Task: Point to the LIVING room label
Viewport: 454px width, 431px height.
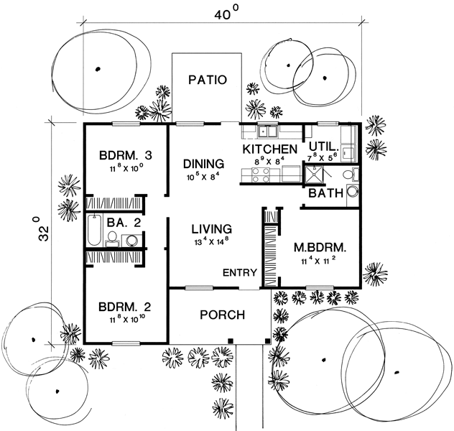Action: [x=210, y=229]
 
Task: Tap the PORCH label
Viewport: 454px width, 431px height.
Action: [x=222, y=315]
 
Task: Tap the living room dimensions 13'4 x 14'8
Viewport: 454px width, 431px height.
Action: [x=210, y=243]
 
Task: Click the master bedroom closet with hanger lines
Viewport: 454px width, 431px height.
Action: [x=269, y=251]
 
